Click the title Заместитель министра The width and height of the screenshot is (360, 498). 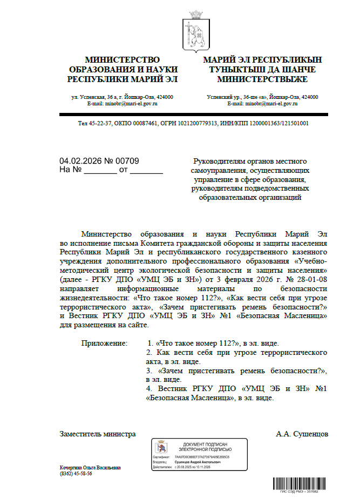pyautogui.click(x=98, y=434)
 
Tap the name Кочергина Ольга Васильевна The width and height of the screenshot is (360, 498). pyautogui.click(x=90, y=467)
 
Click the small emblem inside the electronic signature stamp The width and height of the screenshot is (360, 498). pyautogui.click(x=160, y=448)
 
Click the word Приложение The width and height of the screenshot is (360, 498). pyautogui.click(x=105, y=343)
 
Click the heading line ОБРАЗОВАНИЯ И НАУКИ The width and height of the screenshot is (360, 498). pyautogui.click(x=123, y=70)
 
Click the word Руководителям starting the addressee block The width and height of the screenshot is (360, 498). pyautogui.click(x=220, y=161)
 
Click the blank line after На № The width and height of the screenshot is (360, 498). pyautogui.click(x=100, y=171)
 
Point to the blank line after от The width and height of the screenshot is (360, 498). pyautogui.click(x=146, y=171)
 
